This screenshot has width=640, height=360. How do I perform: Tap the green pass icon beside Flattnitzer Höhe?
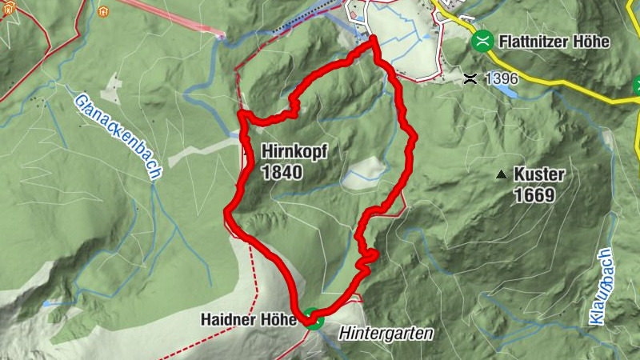tap(482, 41)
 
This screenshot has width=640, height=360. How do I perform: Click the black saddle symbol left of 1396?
tap(470, 78)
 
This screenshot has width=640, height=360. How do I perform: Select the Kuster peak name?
tap(540, 174)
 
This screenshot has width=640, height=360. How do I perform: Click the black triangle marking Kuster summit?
tap(502, 174)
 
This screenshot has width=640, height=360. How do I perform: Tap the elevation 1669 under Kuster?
tap(534, 194)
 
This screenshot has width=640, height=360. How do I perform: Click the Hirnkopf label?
tap(294, 151)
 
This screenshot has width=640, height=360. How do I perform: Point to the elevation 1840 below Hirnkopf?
tap(281, 171)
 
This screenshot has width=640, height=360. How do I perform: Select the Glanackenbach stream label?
tap(118, 136)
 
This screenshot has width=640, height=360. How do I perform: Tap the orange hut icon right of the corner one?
tap(102, 12)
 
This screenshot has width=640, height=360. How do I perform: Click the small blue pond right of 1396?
tap(506, 90)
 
